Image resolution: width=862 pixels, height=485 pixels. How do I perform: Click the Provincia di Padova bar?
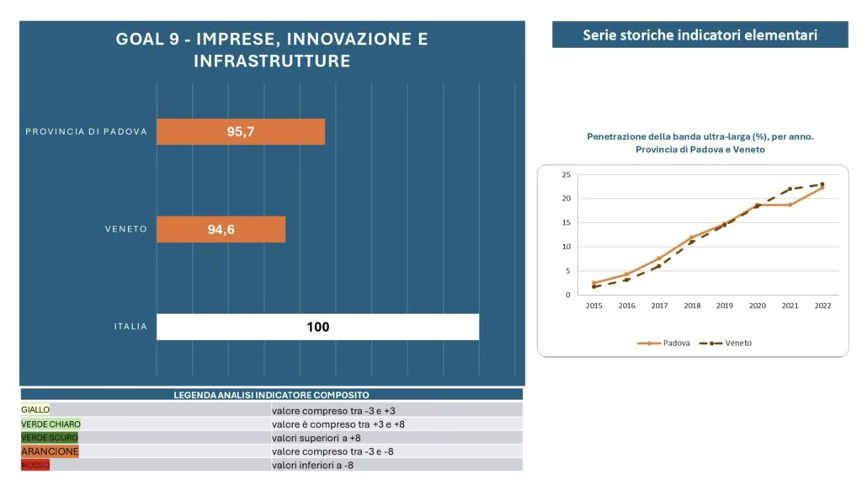[x=241, y=132]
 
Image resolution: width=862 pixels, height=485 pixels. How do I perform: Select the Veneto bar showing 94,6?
[x=221, y=230]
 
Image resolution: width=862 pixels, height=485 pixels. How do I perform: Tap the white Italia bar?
[x=317, y=327]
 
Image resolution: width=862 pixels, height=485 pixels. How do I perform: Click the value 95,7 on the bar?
[x=241, y=132]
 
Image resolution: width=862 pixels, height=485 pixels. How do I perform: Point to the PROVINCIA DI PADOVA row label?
[x=87, y=131]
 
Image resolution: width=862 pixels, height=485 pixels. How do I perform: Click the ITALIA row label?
[x=130, y=327]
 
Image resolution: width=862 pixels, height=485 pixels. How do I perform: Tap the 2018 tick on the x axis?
[x=692, y=306]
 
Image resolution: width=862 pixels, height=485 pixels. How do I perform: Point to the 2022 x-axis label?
[x=822, y=306]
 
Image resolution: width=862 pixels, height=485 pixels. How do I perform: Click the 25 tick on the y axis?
[x=566, y=175]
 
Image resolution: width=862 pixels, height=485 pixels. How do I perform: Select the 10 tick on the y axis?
[x=566, y=247]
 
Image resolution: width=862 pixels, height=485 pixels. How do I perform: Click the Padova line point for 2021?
[x=790, y=205]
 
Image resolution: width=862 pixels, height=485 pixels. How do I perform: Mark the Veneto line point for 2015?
[x=594, y=286]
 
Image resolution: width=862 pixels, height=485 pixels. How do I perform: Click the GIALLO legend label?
[x=36, y=409]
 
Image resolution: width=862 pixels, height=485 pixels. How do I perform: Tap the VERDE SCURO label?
[x=50, y=438]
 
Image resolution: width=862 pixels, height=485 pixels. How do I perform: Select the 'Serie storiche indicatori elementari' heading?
[x=700, y=35]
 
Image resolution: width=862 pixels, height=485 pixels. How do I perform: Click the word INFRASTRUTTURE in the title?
[x=272, y=61]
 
